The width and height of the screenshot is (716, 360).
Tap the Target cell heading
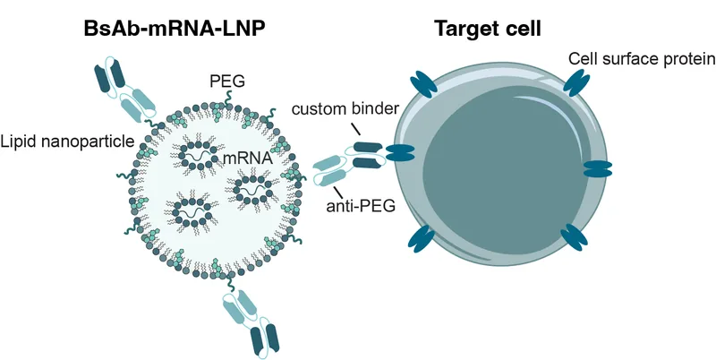488,28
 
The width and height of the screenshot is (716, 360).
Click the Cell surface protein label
641,59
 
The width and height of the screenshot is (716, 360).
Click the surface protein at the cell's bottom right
573,237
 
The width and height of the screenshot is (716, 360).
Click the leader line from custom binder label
356,131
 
